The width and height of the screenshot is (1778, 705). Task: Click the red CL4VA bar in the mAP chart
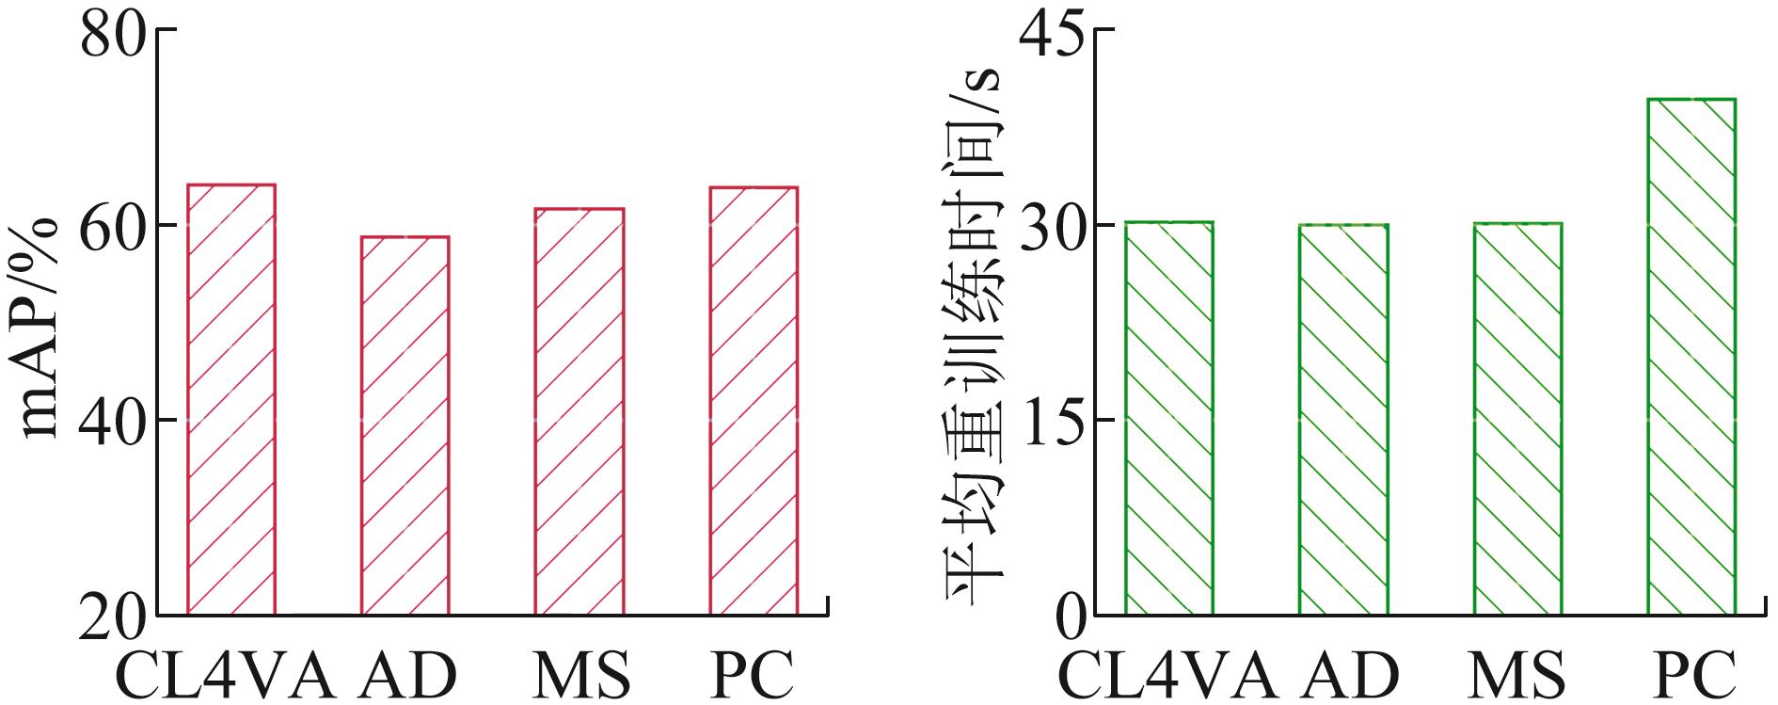coord(231,400)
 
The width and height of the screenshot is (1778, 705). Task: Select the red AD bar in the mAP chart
coord(405,425)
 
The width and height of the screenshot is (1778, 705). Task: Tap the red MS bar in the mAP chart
coord(579,411)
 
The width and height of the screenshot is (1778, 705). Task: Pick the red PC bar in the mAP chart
coord(754,401)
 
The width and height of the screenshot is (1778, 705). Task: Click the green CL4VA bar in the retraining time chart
coord(1168,418)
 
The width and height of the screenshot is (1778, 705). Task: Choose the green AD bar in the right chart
coord(1343,420)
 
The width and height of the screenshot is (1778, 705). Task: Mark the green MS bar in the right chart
coord(1517,419)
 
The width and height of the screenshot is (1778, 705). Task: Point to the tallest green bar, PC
coord(1691,357)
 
